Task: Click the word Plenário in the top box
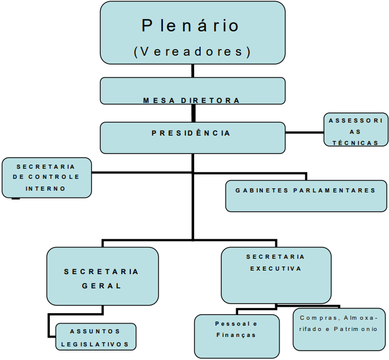pyautogui.click(x=191, y=25)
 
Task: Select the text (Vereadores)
pyautogui.click(x=192, y=52)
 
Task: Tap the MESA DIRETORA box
pyautogui.click(x=192, y=91)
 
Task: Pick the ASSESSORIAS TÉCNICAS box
pyautogui.click(x=355, y=130)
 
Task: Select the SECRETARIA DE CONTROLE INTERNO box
pyautogui.click(x=47, y=177)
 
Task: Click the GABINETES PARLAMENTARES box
pyautogui.click(x=306, y=196)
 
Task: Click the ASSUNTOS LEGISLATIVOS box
pyautogui.click(x=95, y=336)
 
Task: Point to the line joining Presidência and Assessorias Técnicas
pyautogui.click(x=304, y=132)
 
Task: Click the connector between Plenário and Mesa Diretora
pyautogui.click(x=192, y=71)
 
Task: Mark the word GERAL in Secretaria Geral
pyautogui.click(x=102, y=285)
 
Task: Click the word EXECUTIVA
pyautogui.click(x=275, y=268)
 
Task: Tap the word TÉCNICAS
pyautogui.click(x=355, y=143)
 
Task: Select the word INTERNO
pyautogui.click(x=46, y=188)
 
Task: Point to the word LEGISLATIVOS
pyautogui.click(x=95, y=343)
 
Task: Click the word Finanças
pyautogui.click(x=236, y=335)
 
